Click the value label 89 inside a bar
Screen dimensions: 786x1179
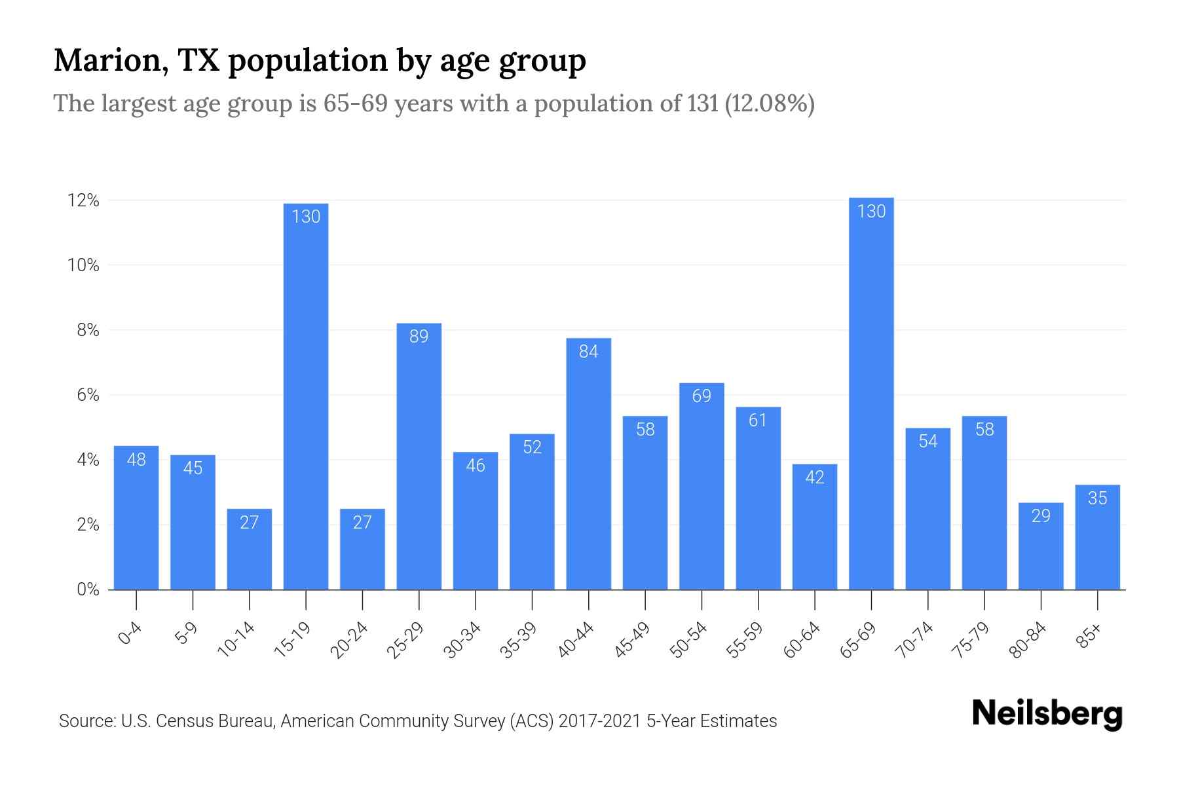(x=419, y=337)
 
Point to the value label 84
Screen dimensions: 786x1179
(x=588, y=352)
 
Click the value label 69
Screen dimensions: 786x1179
(x=702, y=396)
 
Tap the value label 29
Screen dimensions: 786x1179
(x=1041, y=516)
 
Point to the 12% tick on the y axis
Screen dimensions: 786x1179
(x=83, y=200)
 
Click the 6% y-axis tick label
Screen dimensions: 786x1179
(x=88, y=395)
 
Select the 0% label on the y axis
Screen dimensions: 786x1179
(x=88, y=589)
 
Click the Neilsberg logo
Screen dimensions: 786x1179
(x=1047, y=714)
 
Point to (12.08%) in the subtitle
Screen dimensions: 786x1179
(x=770, y=103)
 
